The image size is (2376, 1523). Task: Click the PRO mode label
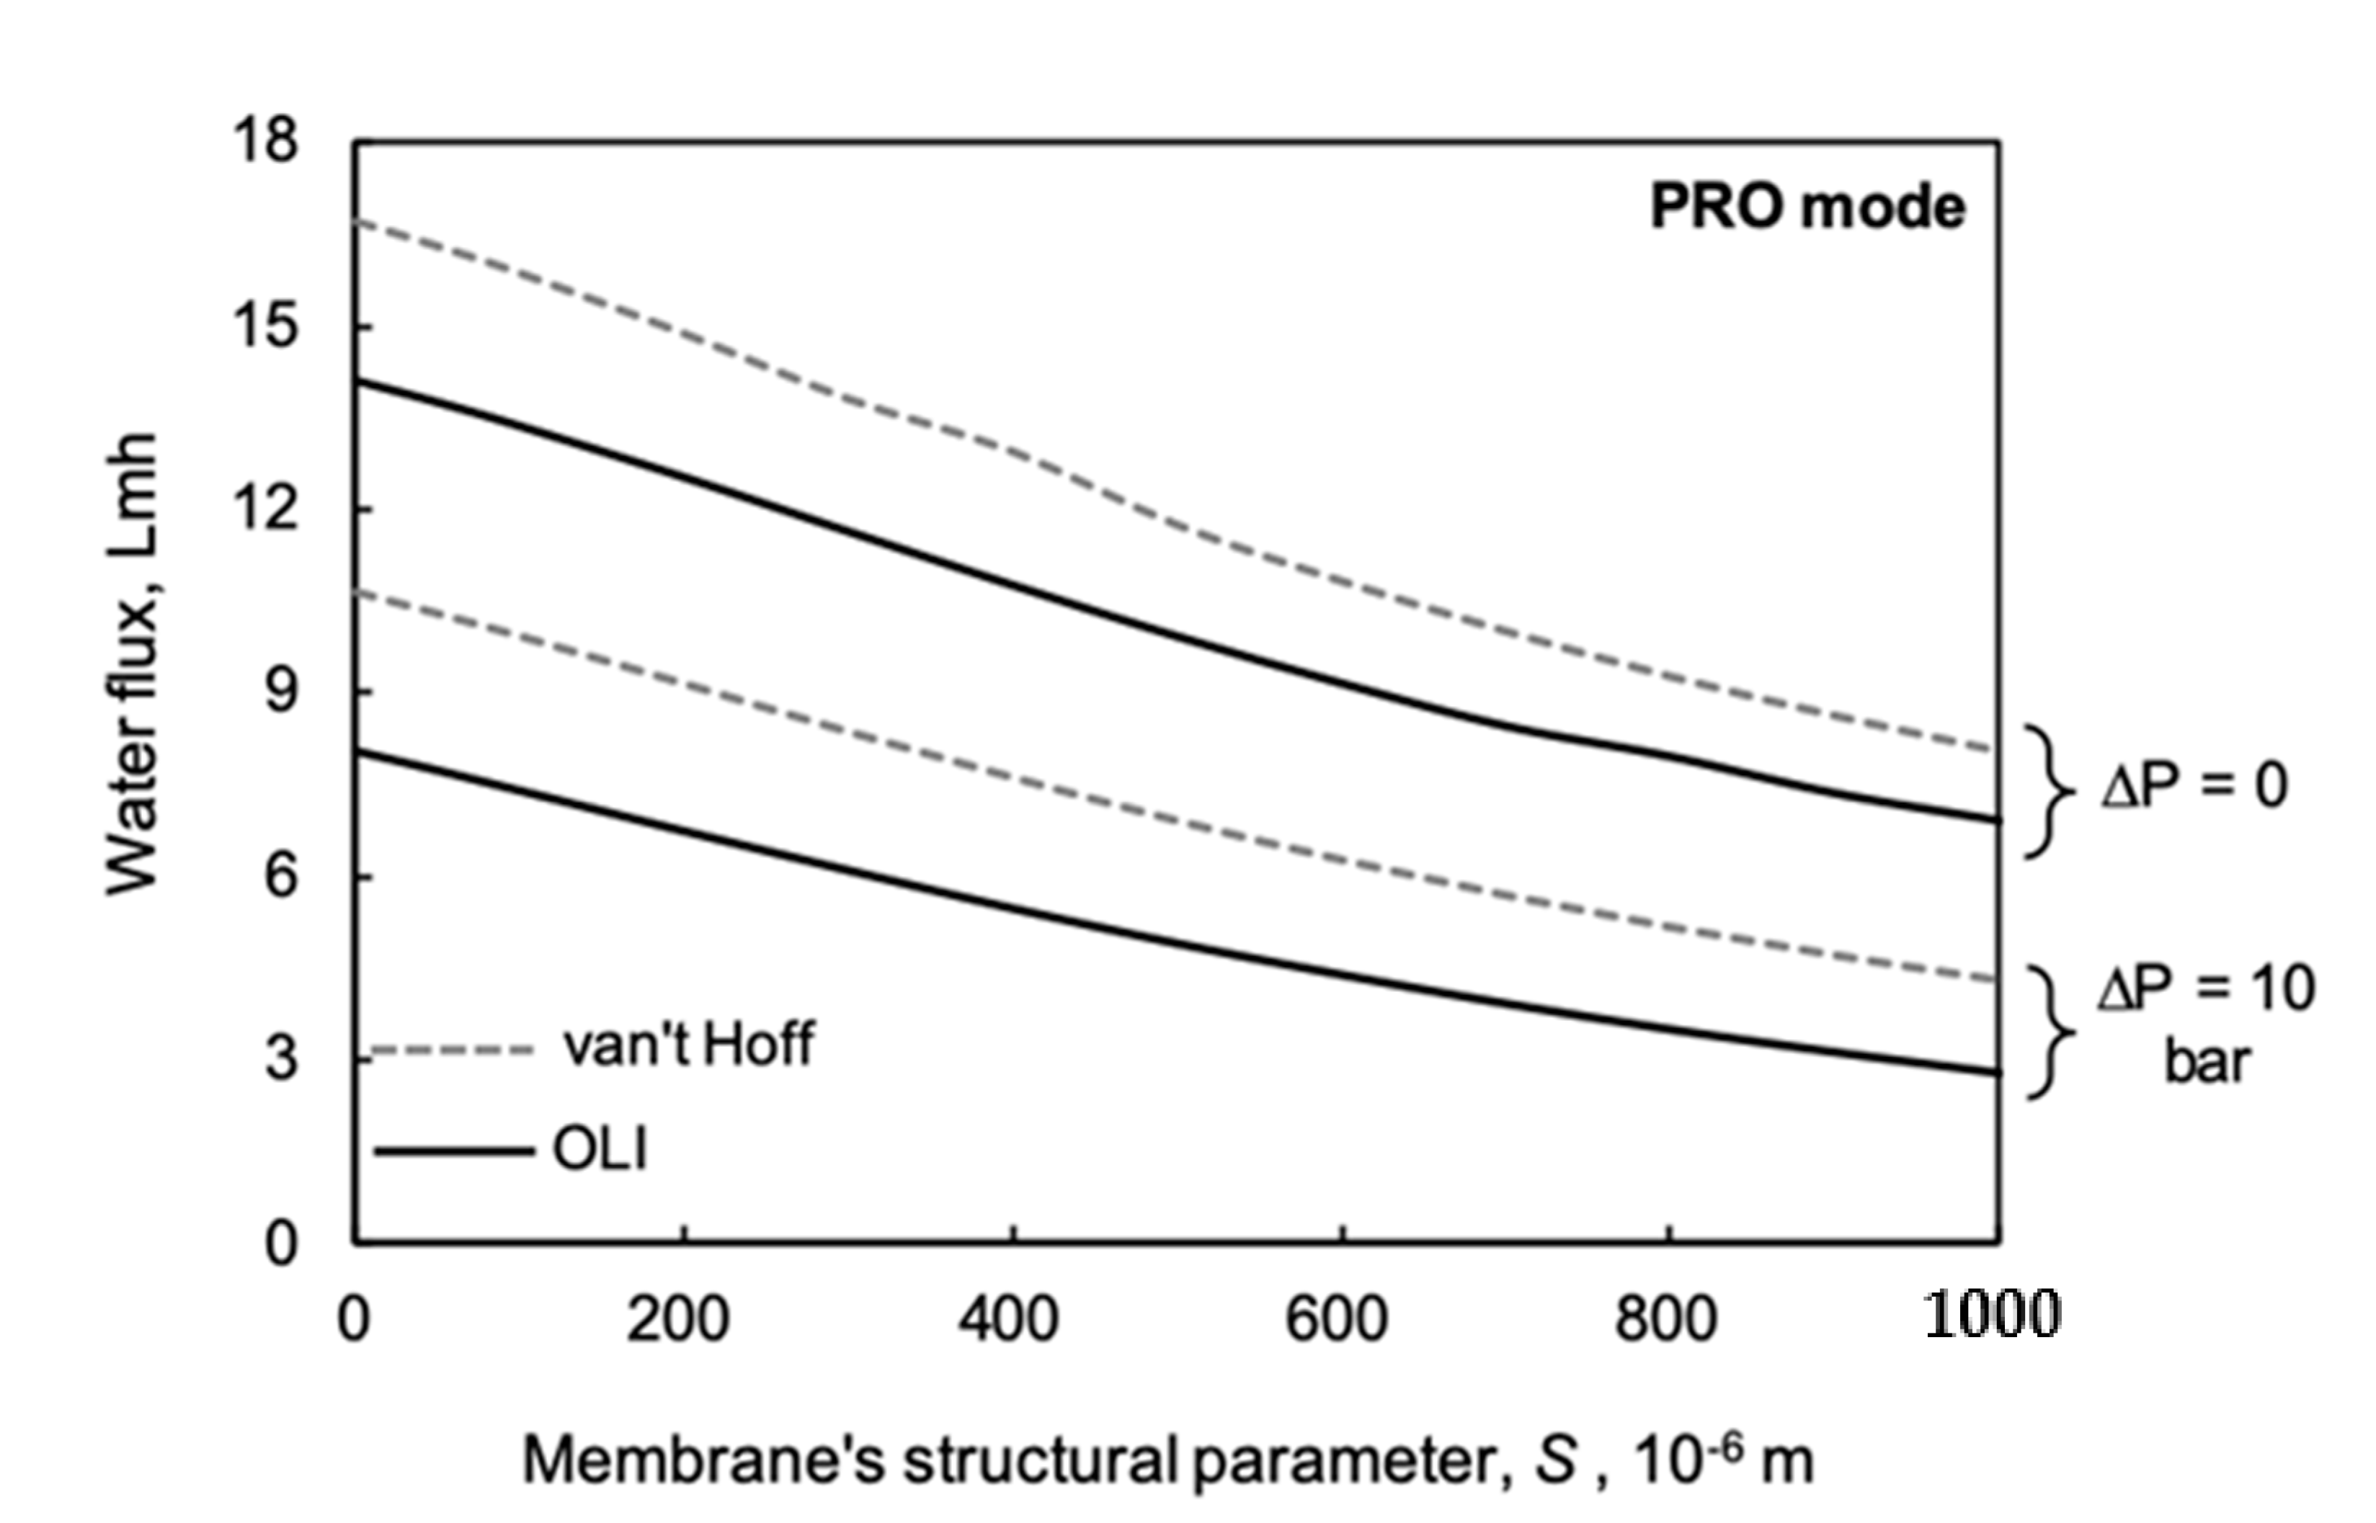1806,207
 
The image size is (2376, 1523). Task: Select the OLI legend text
600,1150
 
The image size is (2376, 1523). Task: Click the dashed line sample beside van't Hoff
455,1050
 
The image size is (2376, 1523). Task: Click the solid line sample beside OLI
455,1150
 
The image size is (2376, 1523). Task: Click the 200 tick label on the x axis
679,1319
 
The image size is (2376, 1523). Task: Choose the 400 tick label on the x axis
1009,1319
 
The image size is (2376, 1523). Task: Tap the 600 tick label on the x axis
1336,1319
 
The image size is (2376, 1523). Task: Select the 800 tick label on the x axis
1665,1319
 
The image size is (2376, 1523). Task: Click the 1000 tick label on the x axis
1991,1316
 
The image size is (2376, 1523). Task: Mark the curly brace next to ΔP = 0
2047,791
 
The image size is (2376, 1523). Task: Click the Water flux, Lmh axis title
133,664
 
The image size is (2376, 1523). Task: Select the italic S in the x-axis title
1555,1460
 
